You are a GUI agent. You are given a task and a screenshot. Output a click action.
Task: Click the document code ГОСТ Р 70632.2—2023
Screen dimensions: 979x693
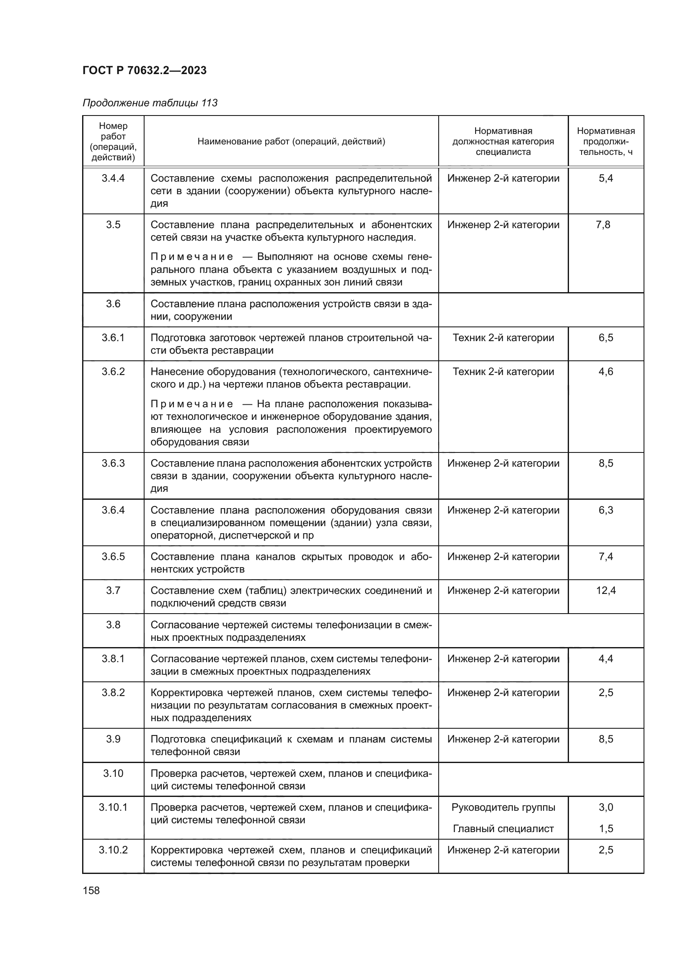144,70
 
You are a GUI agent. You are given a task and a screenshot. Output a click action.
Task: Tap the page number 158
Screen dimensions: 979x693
91,890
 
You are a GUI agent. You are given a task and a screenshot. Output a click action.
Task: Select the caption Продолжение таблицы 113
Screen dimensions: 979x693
150,103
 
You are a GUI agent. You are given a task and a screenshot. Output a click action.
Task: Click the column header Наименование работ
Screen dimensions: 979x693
291,141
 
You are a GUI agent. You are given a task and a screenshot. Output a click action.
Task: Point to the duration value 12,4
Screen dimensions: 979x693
606,591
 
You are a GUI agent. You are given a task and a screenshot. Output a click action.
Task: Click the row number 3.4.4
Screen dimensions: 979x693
113,178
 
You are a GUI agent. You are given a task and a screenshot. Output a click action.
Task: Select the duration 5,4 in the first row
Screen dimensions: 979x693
606,178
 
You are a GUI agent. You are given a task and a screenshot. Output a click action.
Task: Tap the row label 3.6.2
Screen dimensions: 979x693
113,371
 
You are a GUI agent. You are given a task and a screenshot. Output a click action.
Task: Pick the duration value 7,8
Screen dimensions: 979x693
603,225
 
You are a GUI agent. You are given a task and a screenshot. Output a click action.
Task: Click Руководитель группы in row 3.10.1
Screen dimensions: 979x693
503,807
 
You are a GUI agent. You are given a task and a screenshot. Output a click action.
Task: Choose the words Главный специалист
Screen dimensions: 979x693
503,828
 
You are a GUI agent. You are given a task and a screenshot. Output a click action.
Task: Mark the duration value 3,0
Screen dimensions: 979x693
606,807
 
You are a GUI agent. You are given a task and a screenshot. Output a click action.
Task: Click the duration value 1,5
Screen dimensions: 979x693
606,828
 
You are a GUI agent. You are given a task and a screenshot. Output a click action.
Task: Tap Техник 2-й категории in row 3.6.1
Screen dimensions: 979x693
503,338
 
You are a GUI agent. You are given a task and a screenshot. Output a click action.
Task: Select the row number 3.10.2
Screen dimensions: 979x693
113,850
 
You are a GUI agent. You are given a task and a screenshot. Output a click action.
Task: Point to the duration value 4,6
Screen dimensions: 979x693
606,371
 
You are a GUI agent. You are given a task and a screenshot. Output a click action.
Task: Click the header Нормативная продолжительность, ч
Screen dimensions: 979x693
606,141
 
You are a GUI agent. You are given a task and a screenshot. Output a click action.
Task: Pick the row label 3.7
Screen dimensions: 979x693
113,591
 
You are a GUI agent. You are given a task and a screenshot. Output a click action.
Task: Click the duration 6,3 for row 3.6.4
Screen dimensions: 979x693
606,510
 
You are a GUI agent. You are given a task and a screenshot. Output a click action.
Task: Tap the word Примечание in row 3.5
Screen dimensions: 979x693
192,257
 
